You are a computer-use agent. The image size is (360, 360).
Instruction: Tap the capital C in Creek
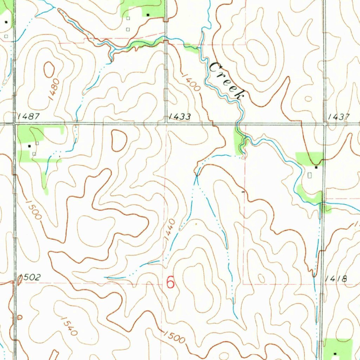(215, 67)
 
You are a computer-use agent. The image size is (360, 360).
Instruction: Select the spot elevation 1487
(28, 116)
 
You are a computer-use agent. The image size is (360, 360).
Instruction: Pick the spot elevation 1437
(339, 116)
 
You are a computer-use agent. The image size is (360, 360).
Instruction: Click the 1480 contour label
(54, 90)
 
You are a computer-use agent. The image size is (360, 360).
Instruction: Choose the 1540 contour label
(69, 326)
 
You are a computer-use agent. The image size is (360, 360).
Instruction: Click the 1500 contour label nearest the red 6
(174, 337)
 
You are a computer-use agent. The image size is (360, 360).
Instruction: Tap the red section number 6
(171, 282)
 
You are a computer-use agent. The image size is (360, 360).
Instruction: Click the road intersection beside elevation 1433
(166, 123)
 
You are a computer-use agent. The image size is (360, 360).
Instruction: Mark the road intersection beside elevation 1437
(324, 124)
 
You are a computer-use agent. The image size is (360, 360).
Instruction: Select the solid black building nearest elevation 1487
(30, 145)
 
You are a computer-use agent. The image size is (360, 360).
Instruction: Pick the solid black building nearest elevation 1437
(316, 168)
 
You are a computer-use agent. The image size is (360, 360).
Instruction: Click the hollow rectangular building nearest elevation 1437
(310, 175)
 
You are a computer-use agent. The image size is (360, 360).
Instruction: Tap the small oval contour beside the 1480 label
(49, 69)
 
